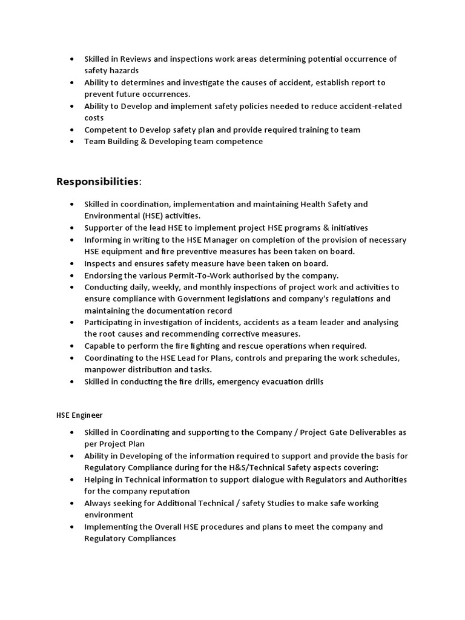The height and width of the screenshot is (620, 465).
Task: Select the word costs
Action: [x=94, y=117]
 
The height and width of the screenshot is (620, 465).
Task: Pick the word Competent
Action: [x=105, y=130]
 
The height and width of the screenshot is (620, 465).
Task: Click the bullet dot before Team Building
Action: [x=71, y=142]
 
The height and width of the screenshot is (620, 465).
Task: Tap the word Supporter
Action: [x=104, y=228]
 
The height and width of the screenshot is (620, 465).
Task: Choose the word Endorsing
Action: [x=104, y=275]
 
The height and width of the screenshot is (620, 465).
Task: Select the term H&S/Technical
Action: [x=288, y=467]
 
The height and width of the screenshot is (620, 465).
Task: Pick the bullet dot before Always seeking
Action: [x=71, y=503]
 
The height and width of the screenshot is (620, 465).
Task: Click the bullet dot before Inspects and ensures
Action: [x=71, y=263]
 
